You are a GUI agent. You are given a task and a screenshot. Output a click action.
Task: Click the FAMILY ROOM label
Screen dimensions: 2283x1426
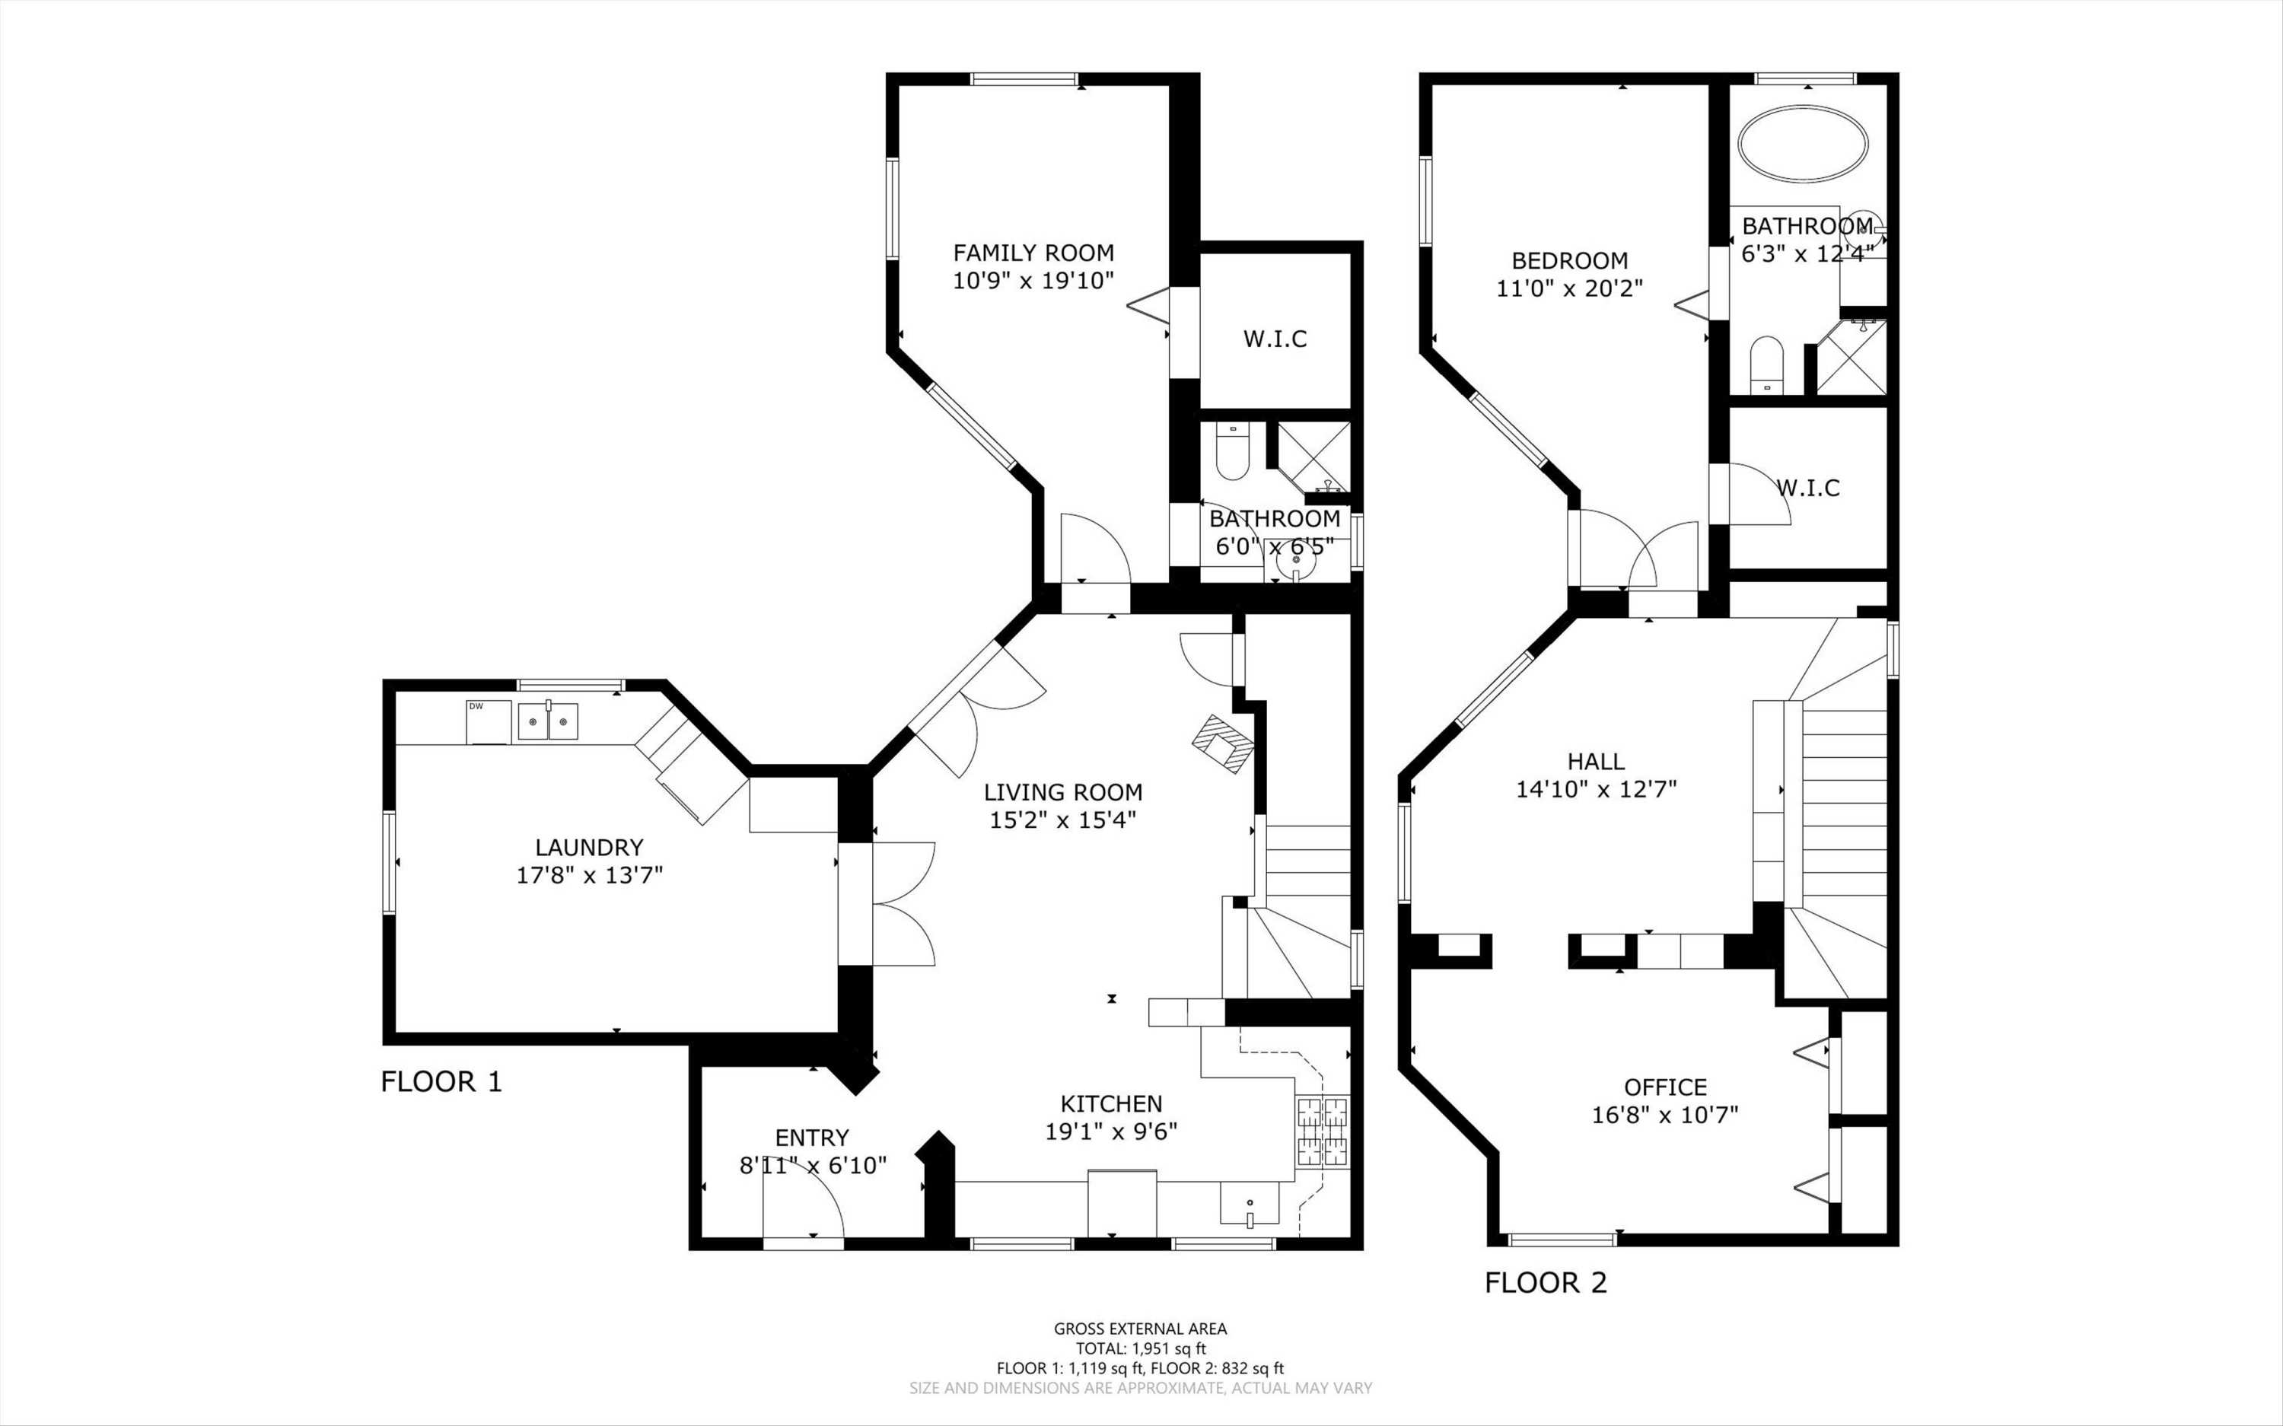(1033, 253)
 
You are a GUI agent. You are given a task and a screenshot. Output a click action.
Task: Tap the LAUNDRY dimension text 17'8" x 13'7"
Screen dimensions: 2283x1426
(589, 875)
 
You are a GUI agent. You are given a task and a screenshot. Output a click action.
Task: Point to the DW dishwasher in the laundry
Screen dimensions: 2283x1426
(489, 722)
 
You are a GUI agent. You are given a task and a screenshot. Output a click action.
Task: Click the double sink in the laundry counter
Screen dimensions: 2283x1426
(548, 721)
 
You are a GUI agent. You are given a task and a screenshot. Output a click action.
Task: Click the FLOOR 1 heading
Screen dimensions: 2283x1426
(441, 1082)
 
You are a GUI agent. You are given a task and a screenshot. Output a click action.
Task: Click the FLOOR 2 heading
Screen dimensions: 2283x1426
(1546, 1283)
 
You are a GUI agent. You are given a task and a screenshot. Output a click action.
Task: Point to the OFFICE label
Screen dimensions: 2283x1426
(1665, 1087)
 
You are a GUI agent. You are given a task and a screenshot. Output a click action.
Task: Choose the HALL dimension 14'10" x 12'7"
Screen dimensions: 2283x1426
(1597, 789)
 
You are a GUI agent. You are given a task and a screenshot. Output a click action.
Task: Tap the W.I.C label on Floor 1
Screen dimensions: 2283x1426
(1275, 339)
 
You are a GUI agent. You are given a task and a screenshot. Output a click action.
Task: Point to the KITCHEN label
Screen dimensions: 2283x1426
(1111, 1103)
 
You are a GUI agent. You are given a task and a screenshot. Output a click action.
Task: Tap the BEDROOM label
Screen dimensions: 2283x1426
(1569, 260)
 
